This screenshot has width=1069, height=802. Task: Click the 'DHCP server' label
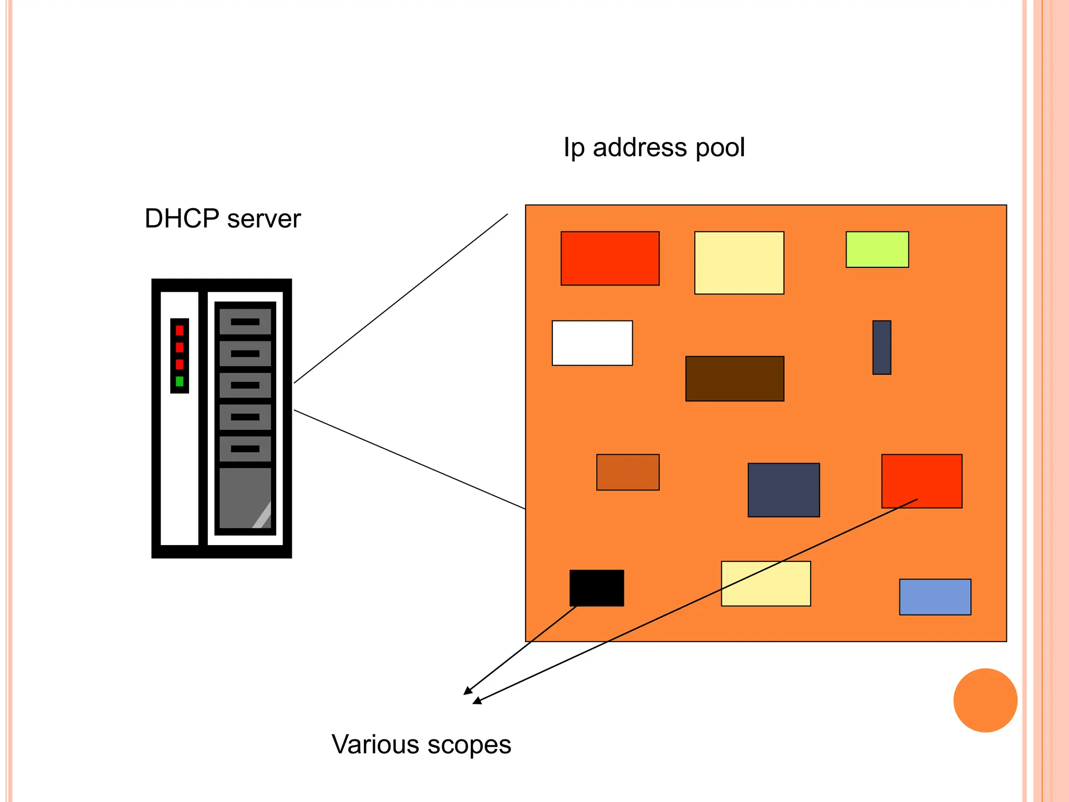222,219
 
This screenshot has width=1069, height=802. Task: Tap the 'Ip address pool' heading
654,148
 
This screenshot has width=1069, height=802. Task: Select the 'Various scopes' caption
421,745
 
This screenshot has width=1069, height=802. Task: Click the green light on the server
180,381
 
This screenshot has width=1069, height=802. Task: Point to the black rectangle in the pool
597,588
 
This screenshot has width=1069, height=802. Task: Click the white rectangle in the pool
592,343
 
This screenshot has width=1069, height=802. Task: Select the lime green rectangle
877,250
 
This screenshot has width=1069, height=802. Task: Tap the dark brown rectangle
734,379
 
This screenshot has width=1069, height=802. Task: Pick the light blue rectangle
935,597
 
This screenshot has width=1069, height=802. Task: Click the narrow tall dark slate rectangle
882,347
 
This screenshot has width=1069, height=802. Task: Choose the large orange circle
985,700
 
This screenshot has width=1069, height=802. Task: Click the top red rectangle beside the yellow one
610,258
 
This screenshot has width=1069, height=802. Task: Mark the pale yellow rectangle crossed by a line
766,584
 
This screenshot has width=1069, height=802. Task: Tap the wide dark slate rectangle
783,490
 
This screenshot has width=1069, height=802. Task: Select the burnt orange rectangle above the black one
627,472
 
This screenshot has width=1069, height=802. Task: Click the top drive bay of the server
245,322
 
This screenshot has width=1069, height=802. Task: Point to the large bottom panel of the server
245,498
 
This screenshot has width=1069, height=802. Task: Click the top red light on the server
180,330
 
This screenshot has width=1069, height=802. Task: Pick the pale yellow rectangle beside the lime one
739,263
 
